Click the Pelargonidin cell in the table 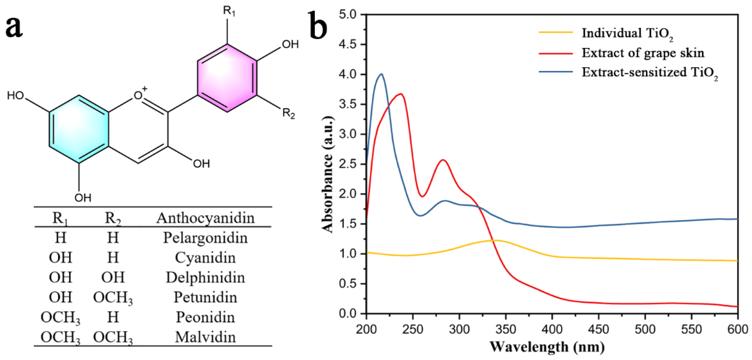coord(205,238)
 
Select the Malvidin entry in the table coord(205,337)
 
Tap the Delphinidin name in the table coord(205,277)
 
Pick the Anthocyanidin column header coord(205,218)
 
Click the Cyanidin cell coord(205,258)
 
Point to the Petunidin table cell coord(205,297)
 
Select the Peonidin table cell coord(205,317)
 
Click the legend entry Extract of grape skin coord(643,53)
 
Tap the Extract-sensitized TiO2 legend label coord(650,72)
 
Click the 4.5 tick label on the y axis coord(348,45)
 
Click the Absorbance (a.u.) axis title coord(328,174)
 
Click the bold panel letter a coord(14,28)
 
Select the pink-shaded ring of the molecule coord(227,78)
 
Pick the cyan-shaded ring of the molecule coord(79,129)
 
